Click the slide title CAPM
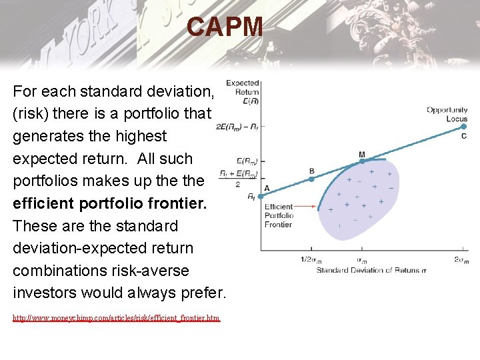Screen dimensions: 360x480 point(225,27)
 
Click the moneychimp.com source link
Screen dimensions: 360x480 point(116,319)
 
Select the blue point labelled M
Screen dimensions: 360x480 point(361,161)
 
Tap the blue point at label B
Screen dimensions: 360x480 point(311,178)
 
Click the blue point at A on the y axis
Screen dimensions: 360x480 point(261,196)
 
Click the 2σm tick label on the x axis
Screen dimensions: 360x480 point(461,260)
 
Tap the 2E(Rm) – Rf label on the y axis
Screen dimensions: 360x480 point(237,127)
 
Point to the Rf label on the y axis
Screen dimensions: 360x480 point(251,197)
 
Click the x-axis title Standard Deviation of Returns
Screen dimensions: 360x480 point(371,270)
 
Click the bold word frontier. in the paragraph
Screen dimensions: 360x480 point(177,203)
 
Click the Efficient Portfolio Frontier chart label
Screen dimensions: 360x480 point(279,215)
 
